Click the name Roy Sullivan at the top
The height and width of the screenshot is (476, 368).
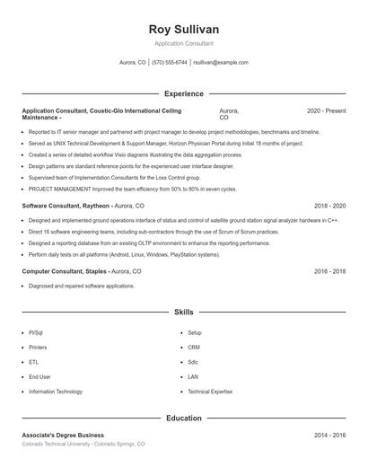184,30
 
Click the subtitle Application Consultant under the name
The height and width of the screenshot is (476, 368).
184,43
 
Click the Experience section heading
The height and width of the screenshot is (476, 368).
184,93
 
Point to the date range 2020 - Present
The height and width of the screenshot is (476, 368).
326,110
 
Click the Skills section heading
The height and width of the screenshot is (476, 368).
184,312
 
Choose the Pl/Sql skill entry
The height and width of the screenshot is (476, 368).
36,332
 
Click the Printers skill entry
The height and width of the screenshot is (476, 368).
38,347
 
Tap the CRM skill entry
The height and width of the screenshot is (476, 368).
194,347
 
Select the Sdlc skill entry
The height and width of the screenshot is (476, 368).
194,362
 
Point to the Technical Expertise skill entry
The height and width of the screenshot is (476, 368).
209,392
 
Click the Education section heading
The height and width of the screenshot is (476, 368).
184,418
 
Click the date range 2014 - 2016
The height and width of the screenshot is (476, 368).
329,435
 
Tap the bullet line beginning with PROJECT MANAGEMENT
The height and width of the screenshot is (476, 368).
132,190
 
